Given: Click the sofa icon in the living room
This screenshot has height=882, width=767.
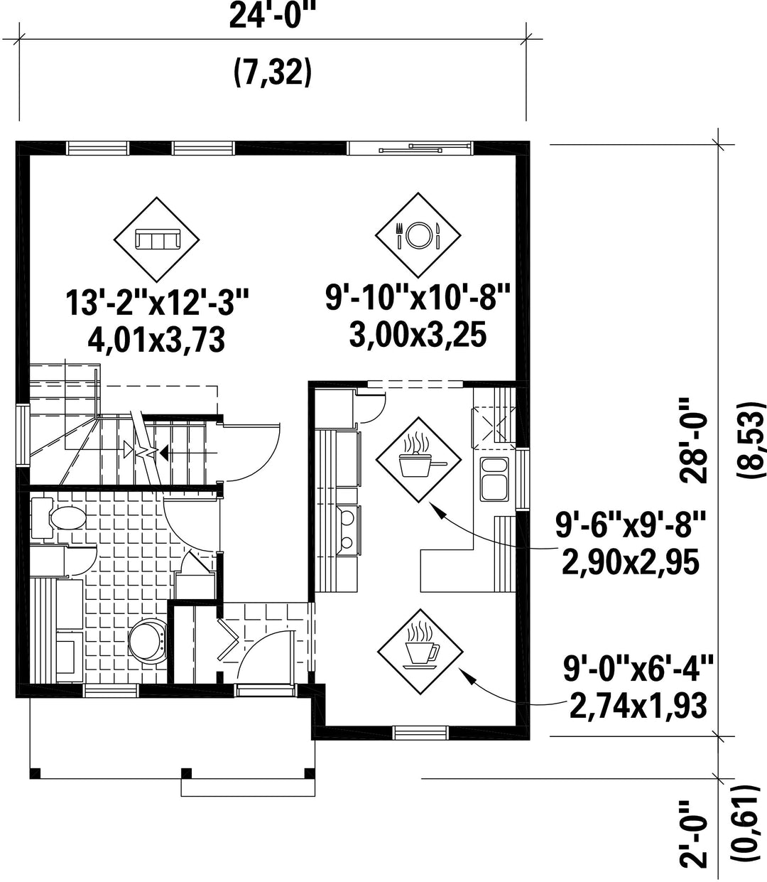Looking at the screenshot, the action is pos(157,239).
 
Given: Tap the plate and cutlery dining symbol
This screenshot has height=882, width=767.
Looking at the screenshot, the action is pos(418,235).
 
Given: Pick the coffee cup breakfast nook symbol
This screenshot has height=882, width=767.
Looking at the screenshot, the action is pos(420,656).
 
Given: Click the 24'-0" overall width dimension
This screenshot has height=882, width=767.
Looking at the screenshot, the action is pos(272,17).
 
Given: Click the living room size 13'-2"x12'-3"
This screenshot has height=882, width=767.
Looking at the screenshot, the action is pos(157,303).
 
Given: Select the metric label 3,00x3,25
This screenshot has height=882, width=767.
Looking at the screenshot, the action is pos(418,335).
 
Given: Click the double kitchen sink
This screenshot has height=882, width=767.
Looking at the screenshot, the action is pos(494,479).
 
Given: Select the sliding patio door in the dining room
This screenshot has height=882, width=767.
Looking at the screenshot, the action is pos(410,148).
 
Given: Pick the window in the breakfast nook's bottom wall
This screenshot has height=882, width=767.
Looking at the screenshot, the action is pos(420,733).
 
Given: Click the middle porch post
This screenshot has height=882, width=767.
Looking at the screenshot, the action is pos(186,773).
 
